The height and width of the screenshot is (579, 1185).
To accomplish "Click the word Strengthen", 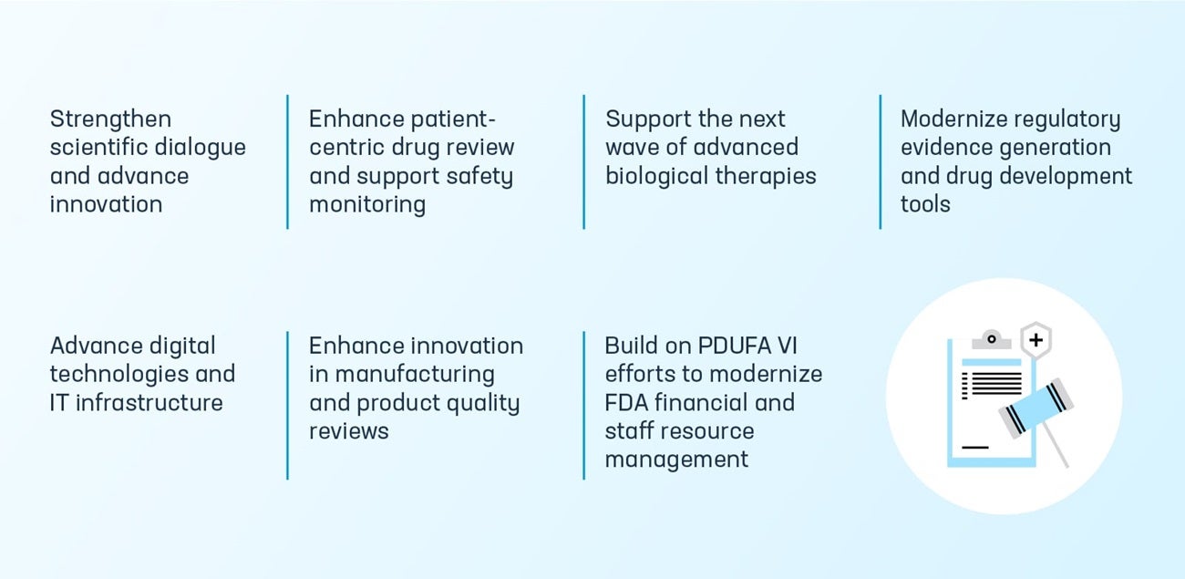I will (110, 119).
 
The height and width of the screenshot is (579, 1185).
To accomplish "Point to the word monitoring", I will (366, 204).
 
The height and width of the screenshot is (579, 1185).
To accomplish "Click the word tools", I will (925, 204).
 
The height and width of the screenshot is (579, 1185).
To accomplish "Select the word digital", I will (183, 346).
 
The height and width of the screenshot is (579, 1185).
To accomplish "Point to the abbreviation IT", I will (59, 403).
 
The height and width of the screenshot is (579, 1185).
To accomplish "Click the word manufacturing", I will (415, 375).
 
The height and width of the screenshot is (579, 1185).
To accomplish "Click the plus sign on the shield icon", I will (1036, 342).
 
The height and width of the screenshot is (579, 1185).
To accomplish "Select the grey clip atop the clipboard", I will (991, 340).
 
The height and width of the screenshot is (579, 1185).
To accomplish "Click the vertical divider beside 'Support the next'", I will (583, 161).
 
